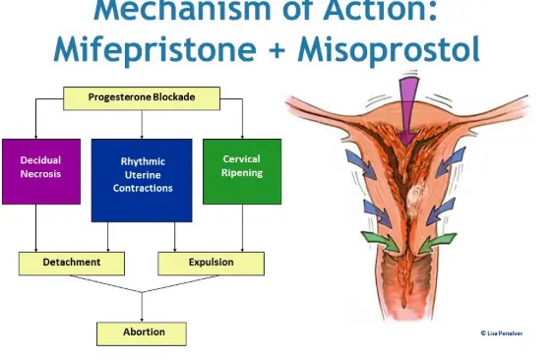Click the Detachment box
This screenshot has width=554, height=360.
[72, 264]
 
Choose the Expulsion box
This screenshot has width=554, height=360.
[211, 264]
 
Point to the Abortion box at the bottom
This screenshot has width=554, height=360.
[143, 332]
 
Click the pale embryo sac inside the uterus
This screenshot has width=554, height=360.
[414, 203]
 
